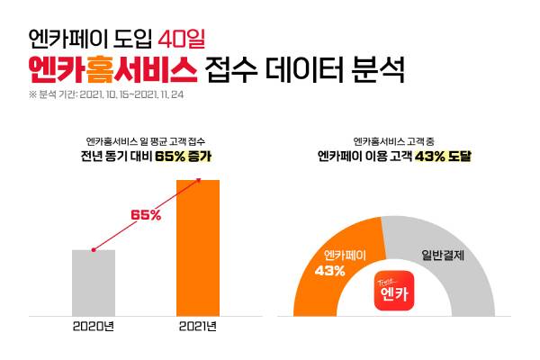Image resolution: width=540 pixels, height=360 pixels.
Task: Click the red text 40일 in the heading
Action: pos(183,38)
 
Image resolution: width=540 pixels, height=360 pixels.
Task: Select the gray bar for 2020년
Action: pos(94,283)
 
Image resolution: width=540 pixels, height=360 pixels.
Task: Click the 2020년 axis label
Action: pos(94,326)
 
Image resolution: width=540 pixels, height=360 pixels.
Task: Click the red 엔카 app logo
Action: pos(393,292)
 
